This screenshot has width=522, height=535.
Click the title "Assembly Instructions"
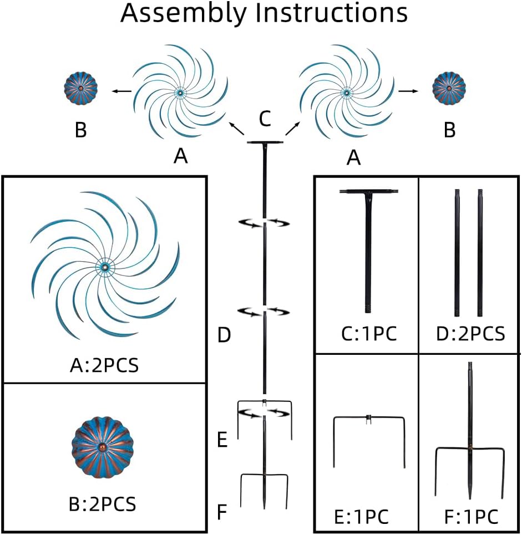(x=264, y=13)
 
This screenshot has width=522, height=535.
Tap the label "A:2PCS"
(x=104, y=366)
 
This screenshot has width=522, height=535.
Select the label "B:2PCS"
(x=104, y=505)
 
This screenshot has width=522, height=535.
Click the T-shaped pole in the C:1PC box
(x=368, y=244)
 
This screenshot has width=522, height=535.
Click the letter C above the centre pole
(x=265, y=118)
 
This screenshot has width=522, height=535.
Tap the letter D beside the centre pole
(x=224, y=335)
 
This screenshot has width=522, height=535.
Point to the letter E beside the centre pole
(x=222, y=441)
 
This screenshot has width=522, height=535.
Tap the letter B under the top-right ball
(x=449, y=130)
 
